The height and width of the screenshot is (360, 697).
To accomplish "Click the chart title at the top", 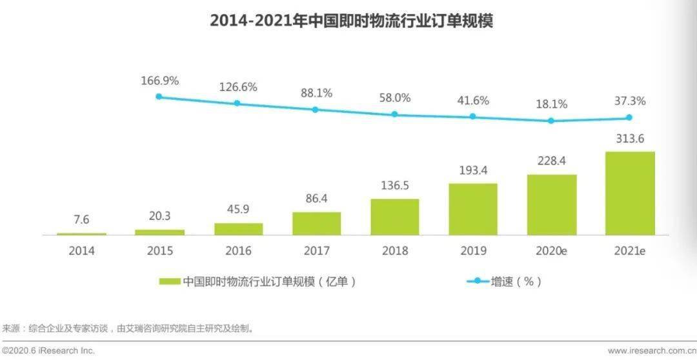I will coord(351,21).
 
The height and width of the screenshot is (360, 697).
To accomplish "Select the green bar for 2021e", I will coord(630,193).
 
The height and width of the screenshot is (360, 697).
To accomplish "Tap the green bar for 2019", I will coord(473,209).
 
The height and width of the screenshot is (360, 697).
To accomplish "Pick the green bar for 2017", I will coord(316,223).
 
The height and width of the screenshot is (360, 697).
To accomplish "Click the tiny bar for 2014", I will coord(82,234).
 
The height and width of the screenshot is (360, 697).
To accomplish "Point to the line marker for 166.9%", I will coord(159,97).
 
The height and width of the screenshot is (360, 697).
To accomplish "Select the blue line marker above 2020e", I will coord(551,121).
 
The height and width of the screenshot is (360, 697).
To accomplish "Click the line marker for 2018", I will coord(394,114).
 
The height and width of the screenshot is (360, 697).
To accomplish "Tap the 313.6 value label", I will coord(630,139).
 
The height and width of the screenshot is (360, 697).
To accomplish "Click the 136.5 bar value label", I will coord(394,186).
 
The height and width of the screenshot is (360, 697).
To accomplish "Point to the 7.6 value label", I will coord(82,220).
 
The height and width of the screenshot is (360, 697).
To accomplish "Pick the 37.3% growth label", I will coord(630,101).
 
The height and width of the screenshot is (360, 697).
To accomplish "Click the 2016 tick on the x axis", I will coord(238,251).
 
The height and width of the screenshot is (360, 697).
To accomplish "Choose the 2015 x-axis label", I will coord(159,251).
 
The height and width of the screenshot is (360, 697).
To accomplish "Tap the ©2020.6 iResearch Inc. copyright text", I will coord(48,351).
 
